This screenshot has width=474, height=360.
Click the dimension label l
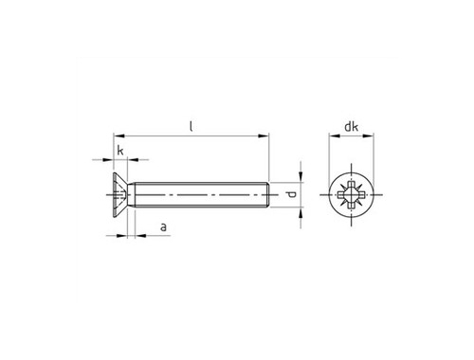(x=191, y=127)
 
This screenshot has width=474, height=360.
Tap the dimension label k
(x=120, y=151)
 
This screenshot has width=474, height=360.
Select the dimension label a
(x=163, y=226)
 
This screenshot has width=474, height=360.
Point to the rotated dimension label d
(x=292, y=194)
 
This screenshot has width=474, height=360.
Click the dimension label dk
(x=351, y=127)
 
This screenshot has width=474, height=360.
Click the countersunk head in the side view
(x=120, y=195)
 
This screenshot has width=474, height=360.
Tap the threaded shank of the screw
(x=201, y=195)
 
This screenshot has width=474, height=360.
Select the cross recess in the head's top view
(x=351, y=195)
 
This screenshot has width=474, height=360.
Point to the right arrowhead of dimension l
(x=264, y=136)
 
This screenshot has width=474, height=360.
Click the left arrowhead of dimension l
(x=118, y=136)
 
